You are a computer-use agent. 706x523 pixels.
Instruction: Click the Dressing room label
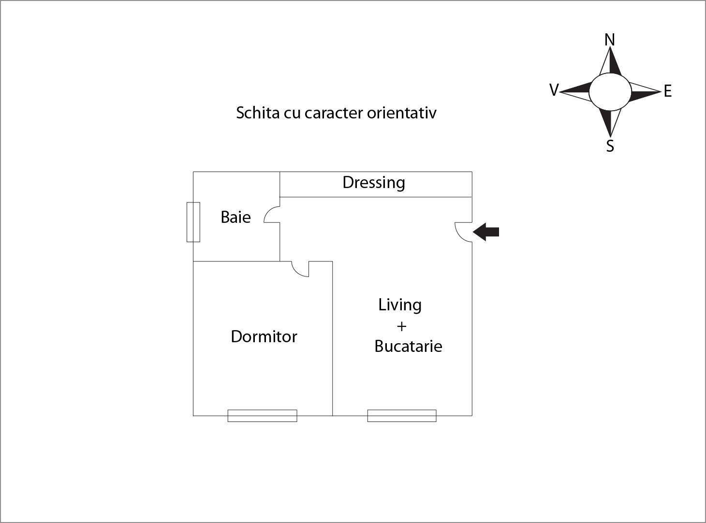click(374, 183)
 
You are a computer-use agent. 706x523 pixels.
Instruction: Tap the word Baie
click(235, 217)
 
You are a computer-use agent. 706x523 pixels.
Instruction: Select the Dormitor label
click(264, 336)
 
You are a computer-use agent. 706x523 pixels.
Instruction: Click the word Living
click(400, 305)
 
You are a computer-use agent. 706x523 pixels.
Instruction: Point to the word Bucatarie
click(409, 346)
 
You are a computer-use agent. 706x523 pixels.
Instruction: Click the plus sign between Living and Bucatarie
click(402, 326)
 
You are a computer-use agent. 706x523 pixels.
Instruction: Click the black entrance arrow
click(485, 232)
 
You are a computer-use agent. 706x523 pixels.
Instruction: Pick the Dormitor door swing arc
click(296, 272)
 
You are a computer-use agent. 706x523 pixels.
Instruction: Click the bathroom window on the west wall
click(193, 222)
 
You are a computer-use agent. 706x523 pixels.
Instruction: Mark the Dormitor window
click(262, 416)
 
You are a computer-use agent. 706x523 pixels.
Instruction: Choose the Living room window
click(402, 416)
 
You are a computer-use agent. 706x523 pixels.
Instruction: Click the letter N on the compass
click(610, 40)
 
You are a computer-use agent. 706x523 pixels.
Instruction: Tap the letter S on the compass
click(610, 146)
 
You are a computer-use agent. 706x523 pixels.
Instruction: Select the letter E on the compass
click(668, 91)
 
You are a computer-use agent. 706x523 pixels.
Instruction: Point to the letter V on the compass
click(554, 90)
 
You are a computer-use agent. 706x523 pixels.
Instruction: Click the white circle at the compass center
click(610, 92)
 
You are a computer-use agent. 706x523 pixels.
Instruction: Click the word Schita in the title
click(258, 113)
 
